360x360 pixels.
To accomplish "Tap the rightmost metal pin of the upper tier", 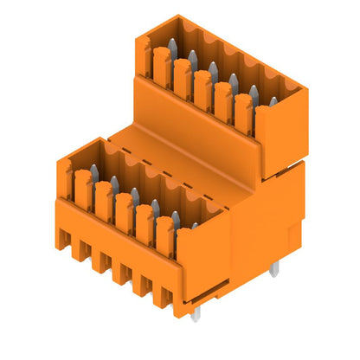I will [273, 103].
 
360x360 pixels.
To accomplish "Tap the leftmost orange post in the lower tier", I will [83, 185].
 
